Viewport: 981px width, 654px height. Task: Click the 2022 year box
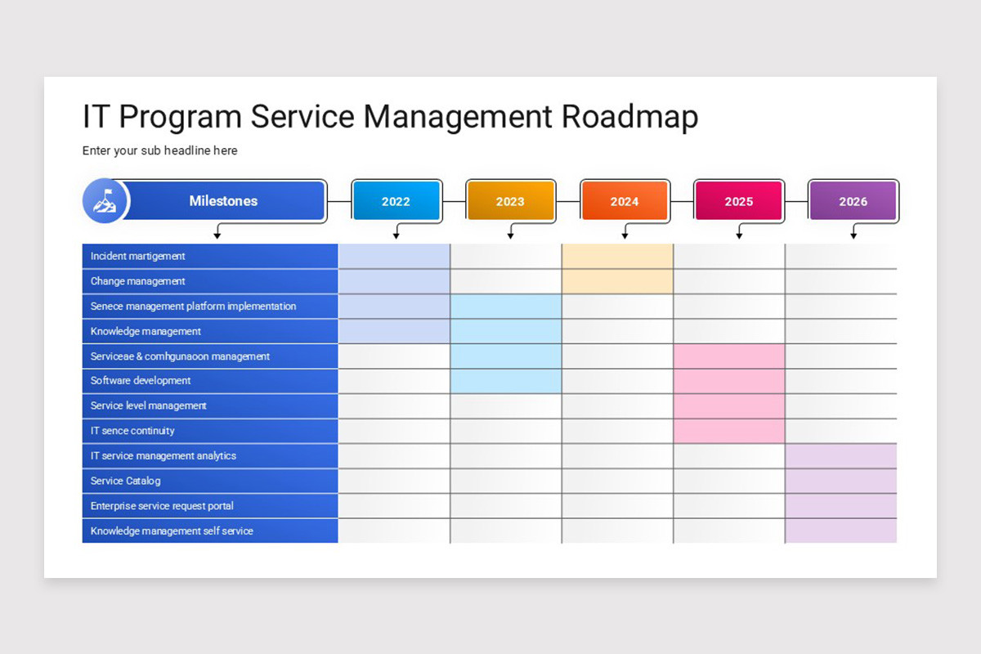396,201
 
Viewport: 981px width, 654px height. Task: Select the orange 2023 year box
510,201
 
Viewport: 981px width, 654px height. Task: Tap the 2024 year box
625,201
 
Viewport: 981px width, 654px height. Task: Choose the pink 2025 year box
738,201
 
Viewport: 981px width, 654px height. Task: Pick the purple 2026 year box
853,201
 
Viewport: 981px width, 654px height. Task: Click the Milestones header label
223,201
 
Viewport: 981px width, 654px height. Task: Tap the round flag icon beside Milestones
105,201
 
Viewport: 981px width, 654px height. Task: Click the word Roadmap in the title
629,117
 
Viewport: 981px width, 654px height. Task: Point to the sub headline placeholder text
159,150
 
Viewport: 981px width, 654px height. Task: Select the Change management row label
138,281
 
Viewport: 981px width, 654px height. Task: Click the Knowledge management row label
146,331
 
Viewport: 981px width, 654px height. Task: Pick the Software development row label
141,381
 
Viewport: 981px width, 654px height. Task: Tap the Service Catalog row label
126,481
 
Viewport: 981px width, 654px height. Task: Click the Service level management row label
148,405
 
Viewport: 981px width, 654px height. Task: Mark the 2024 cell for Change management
617,281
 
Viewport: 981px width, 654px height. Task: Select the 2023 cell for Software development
506,381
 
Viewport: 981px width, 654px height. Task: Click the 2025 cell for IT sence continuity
729,431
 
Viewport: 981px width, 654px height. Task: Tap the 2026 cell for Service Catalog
840,481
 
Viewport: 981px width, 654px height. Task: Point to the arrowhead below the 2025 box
739,236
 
